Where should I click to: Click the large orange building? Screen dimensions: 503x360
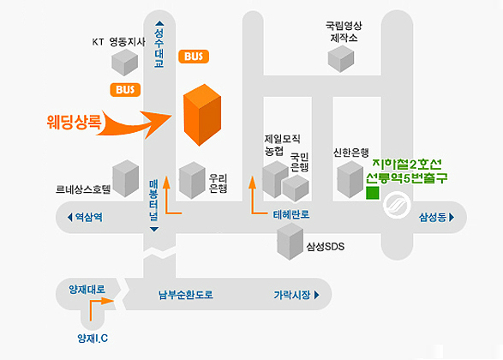202,115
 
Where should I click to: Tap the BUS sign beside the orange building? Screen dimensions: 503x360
194,57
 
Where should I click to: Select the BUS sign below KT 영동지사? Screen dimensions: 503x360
125,89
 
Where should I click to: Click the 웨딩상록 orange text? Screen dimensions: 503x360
74,121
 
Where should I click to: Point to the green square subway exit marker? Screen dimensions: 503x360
373,193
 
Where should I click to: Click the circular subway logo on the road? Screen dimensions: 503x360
397,205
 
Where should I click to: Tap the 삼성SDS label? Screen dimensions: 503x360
326,246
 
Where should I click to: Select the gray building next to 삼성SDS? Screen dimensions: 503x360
290,241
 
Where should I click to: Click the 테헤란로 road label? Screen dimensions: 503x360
291,214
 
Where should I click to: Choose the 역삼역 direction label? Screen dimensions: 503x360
86,217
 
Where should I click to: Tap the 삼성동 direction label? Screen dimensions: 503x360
437,218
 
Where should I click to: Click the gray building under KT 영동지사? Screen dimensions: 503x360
124,63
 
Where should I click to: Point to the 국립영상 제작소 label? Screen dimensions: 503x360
344,32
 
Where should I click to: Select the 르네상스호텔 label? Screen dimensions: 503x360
83,189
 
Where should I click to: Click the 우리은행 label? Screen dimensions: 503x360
219,183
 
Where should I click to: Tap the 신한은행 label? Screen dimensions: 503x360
351,153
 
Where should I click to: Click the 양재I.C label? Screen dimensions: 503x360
93,339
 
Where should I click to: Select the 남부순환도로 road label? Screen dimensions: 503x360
186,295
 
